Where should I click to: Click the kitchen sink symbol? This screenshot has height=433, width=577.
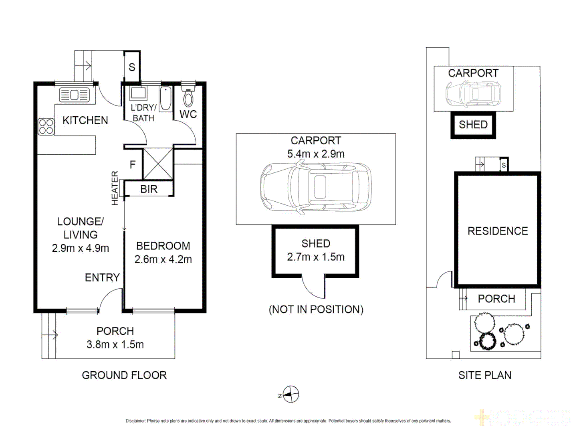[74, 95]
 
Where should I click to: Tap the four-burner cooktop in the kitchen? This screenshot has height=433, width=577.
[46, 126]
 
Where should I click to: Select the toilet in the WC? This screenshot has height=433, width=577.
[188, 96]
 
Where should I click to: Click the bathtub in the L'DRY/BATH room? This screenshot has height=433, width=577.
[165, 98]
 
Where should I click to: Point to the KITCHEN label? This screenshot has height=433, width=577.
[85, 120]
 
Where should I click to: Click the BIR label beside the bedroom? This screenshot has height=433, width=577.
[149, 189]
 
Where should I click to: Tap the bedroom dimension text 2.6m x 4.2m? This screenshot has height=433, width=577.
[163, 259]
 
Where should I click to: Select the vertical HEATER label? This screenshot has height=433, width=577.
[115, 188]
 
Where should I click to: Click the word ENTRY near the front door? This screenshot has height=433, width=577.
[102, 277]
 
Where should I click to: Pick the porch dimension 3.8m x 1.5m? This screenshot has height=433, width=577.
[115, 344]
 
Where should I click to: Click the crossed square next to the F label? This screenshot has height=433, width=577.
[158, 164]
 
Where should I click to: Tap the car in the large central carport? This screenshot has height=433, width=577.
[316, 187]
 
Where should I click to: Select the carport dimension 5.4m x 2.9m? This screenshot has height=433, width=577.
[316, 154]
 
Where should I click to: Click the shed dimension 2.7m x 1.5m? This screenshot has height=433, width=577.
[316, 257]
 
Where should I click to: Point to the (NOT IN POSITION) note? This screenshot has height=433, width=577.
[316, 310]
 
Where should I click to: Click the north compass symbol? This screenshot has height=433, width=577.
[291, 395]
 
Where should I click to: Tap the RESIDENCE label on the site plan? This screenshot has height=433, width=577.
[498, 231]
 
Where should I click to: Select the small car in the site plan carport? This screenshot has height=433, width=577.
[473, 94]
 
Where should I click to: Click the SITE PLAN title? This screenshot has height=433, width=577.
[485, 375]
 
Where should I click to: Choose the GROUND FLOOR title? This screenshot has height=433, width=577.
[124, 375]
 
